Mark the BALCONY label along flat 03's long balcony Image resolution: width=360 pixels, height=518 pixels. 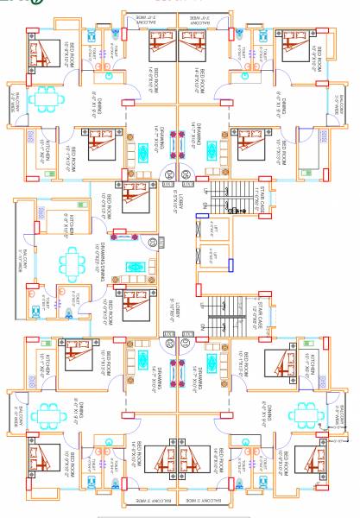[23, 259]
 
